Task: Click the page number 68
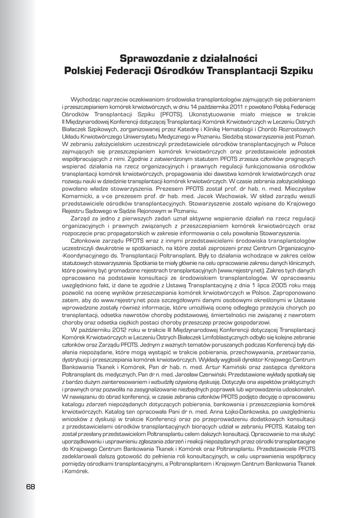coord(30,487)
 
